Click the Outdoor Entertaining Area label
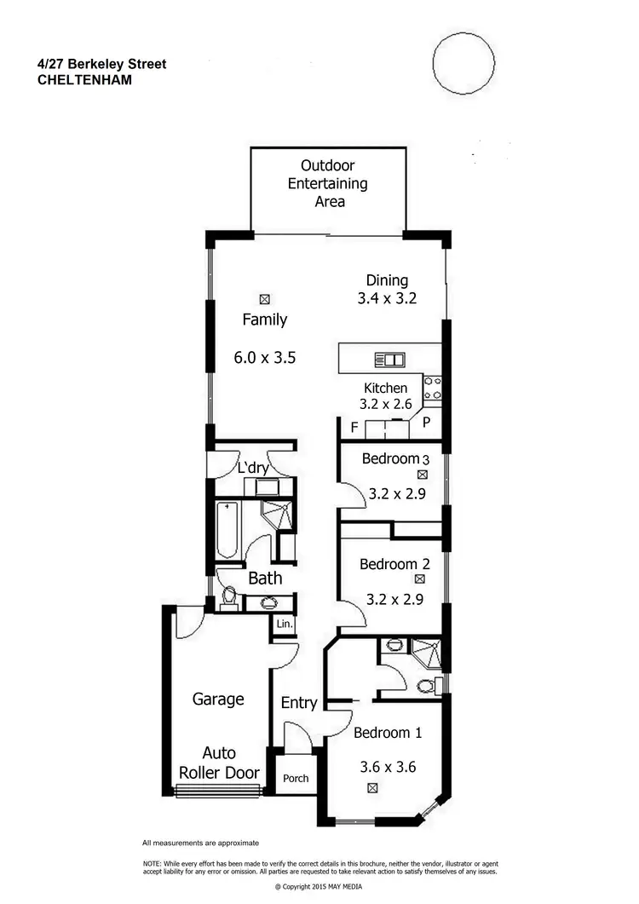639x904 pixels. tap(328, 183)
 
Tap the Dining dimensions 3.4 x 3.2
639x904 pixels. tap(387, 299)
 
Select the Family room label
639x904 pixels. tap(264, 320)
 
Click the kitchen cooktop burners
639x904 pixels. tap(433, 388)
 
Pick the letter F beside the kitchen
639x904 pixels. tap(354, 427)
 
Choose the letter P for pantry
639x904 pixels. tap(426, 423)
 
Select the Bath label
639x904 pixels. tap(265, 579)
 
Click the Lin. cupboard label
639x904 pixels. tap(284, 625)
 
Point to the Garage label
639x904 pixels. tap(218, 700)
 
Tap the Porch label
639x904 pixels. tap(296, 778)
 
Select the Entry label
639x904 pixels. tap(299, 704)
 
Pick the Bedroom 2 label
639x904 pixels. tap(394, 564)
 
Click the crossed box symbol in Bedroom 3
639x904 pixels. tap(422, 475)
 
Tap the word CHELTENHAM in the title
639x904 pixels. tap(72, 81)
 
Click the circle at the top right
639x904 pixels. tap(463, 62)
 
